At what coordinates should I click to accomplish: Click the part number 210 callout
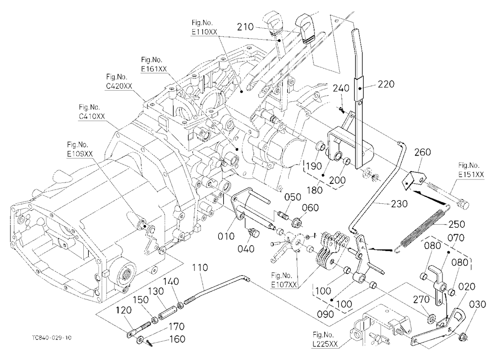[246, 27]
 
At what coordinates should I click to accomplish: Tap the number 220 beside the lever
[386, 84]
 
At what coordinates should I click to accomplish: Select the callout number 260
[423, 152]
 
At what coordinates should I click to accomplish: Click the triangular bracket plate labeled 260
[414, 180]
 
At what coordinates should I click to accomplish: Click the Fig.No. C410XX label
[92, 112]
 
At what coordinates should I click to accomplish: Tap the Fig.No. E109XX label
[80, 149]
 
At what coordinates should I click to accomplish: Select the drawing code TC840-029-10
[52, 338]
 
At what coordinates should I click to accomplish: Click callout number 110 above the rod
[200, 268]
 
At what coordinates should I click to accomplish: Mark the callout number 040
[246, 249]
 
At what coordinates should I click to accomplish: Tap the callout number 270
[421, 299]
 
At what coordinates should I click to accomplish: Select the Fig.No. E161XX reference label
[154, 64]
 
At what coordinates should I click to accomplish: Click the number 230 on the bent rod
[399, 204]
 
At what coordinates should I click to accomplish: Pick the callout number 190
[314, 166]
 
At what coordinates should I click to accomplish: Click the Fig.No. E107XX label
[284, 280]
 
